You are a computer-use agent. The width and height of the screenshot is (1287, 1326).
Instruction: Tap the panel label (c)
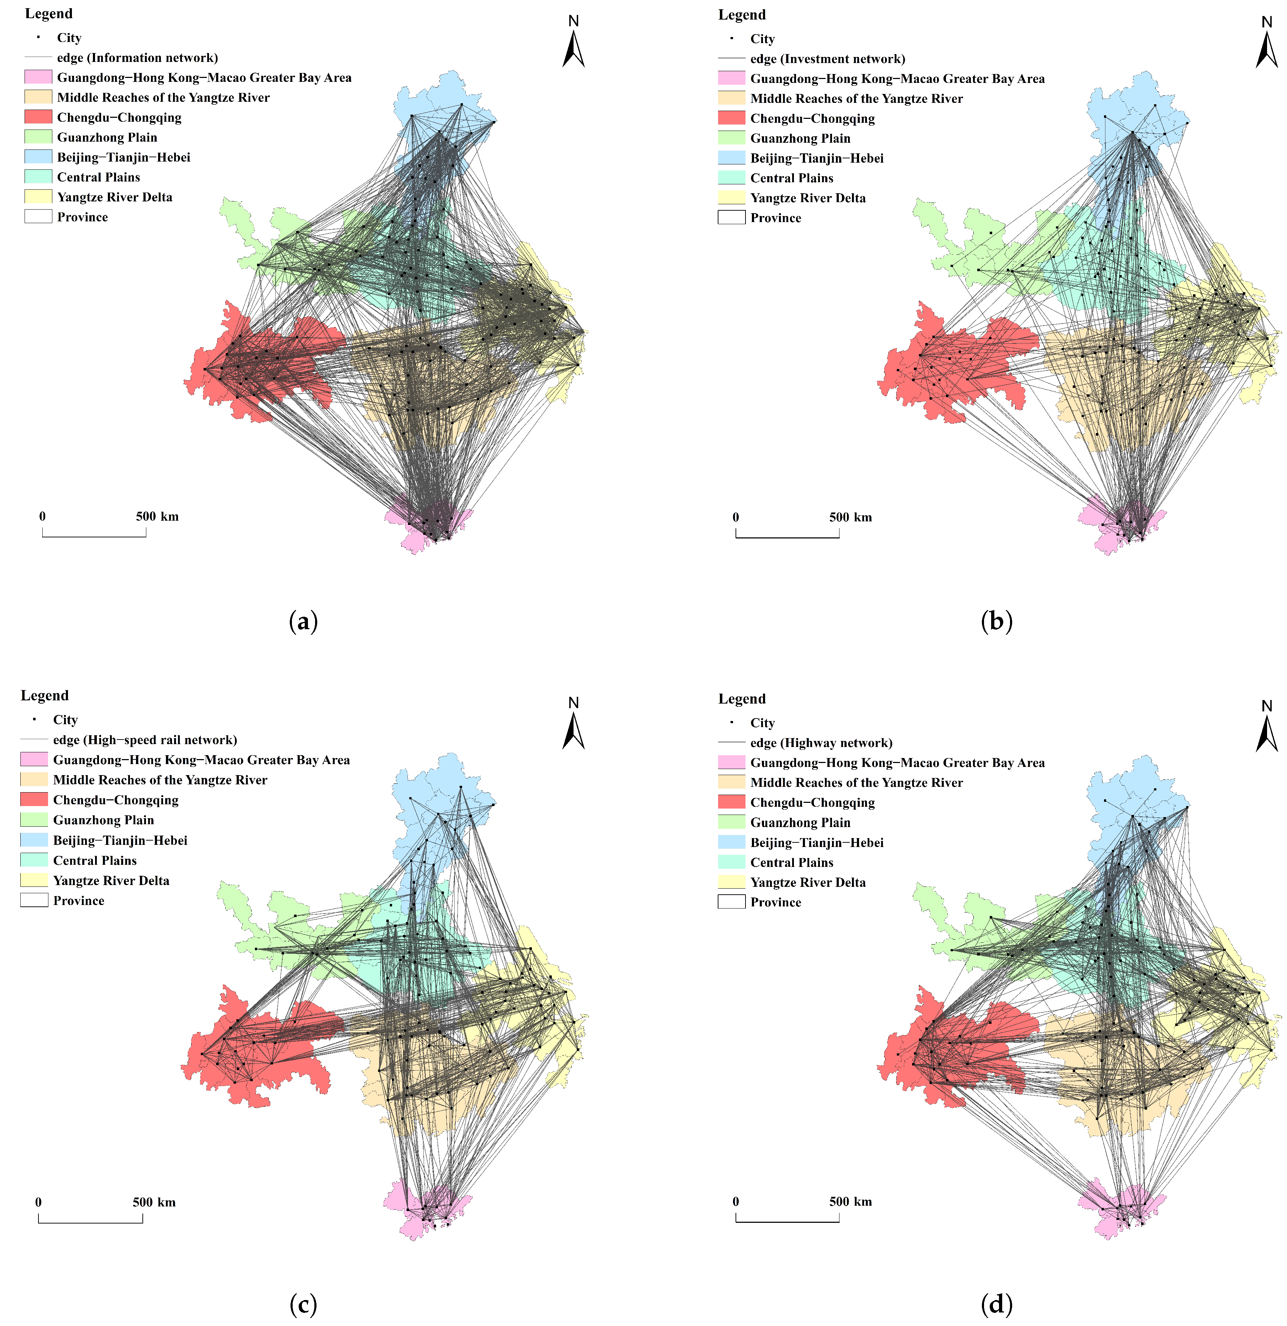(x=303, y=1304)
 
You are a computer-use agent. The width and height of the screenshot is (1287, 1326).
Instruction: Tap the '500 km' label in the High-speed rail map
(x=154, y=1202)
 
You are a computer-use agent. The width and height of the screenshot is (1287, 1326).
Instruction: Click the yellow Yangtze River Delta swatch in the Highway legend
(x=732, y=882)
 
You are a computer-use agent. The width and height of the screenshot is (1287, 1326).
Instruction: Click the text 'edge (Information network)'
(x=137, y=58)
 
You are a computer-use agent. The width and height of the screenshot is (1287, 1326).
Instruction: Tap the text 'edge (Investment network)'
(x=827, y=59)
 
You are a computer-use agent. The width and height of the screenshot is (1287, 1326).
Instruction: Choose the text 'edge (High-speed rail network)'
(x=145, y=740)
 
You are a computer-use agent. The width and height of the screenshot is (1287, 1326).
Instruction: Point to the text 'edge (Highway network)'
(x=821, y=743)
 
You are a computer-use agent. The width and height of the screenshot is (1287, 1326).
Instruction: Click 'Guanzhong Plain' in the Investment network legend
(x=800, y=138)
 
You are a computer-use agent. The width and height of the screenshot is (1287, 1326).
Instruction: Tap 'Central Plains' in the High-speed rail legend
(x=95, y=861)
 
